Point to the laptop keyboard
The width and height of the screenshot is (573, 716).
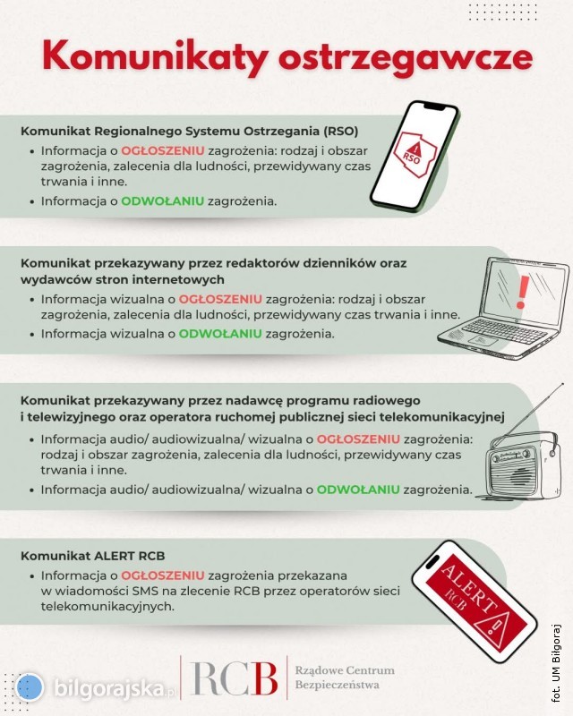click(504, 330)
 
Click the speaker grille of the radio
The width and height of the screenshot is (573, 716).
click(518, 475)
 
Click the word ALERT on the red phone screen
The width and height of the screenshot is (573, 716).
click(469, 588)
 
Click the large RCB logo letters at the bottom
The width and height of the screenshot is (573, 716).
click(234, 678)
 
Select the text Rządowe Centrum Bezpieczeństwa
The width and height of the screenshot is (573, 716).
click(345, 678)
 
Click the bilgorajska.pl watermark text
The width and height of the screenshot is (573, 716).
click(115, 688)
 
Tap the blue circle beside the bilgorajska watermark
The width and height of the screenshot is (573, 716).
click(30, 686)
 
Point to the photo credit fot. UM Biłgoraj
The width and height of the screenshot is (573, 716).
click(556, 662)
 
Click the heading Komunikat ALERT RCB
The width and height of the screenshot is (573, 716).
click(93, 556)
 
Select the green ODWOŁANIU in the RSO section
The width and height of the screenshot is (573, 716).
click(162, 200)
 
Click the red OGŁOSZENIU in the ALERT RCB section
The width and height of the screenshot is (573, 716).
click(162, 575)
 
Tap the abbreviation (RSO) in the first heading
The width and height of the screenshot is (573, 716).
click(340, 131)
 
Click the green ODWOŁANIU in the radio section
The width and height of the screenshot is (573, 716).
click(358, 490)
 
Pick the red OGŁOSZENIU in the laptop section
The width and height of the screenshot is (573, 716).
click(220, 299)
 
